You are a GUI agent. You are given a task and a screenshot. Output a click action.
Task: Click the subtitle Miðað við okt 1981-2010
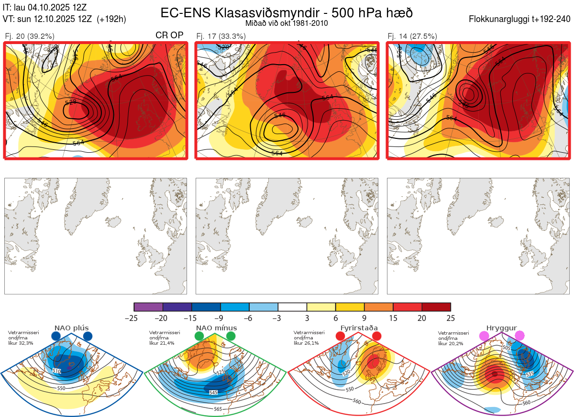point(287,23)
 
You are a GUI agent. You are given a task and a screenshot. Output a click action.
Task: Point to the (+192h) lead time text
point(111,19)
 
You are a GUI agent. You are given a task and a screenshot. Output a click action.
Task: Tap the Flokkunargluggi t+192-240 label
point(520,19)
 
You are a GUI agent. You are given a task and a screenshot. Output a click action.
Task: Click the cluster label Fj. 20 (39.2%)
point(30,36)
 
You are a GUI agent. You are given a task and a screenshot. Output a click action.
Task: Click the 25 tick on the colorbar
point(451,318)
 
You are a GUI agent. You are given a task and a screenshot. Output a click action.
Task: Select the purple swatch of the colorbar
point(149,307)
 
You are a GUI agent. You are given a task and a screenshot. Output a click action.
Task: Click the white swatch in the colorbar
point(292,307)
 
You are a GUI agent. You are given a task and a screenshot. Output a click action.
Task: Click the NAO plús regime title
point(72,328)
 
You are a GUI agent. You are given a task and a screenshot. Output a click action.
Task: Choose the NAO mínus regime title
point(216,328)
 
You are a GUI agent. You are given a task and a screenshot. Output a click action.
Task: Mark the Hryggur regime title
point(501,328)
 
